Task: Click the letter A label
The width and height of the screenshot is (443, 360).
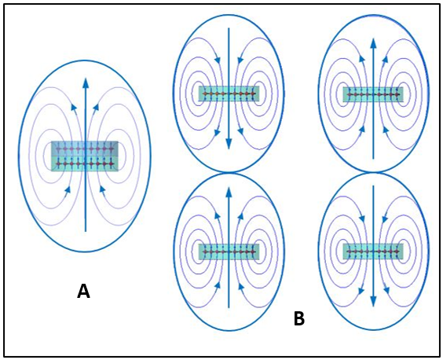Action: tap(83, 292)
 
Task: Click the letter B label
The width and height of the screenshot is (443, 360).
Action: tap(299, 318)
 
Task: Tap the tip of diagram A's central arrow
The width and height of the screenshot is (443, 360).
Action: tap(86, 78)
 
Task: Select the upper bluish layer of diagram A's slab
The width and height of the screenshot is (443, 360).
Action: tap(85, 149)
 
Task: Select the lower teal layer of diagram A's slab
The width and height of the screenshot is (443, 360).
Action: tap(85, 163)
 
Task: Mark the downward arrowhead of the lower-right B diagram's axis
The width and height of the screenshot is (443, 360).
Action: tap(374, 301)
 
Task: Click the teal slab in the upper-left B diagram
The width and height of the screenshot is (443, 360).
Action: tap(229, 94)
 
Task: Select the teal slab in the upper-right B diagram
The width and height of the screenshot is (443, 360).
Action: tap(373, 94)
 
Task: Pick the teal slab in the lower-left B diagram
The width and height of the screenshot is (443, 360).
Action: tap(229, 252)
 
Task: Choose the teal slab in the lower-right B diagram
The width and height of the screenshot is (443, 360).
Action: tap(373, 251)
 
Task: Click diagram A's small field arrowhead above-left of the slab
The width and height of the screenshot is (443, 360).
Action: tap(74, 107)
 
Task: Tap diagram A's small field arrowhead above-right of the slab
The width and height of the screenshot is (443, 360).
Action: tap(96, 107)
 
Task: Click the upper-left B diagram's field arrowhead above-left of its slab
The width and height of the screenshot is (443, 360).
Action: tap(218, 60)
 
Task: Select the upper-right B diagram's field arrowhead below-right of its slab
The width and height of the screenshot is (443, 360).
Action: tap(386, 130)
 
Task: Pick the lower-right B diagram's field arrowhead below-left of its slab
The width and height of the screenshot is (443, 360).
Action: tap(361, 290)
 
